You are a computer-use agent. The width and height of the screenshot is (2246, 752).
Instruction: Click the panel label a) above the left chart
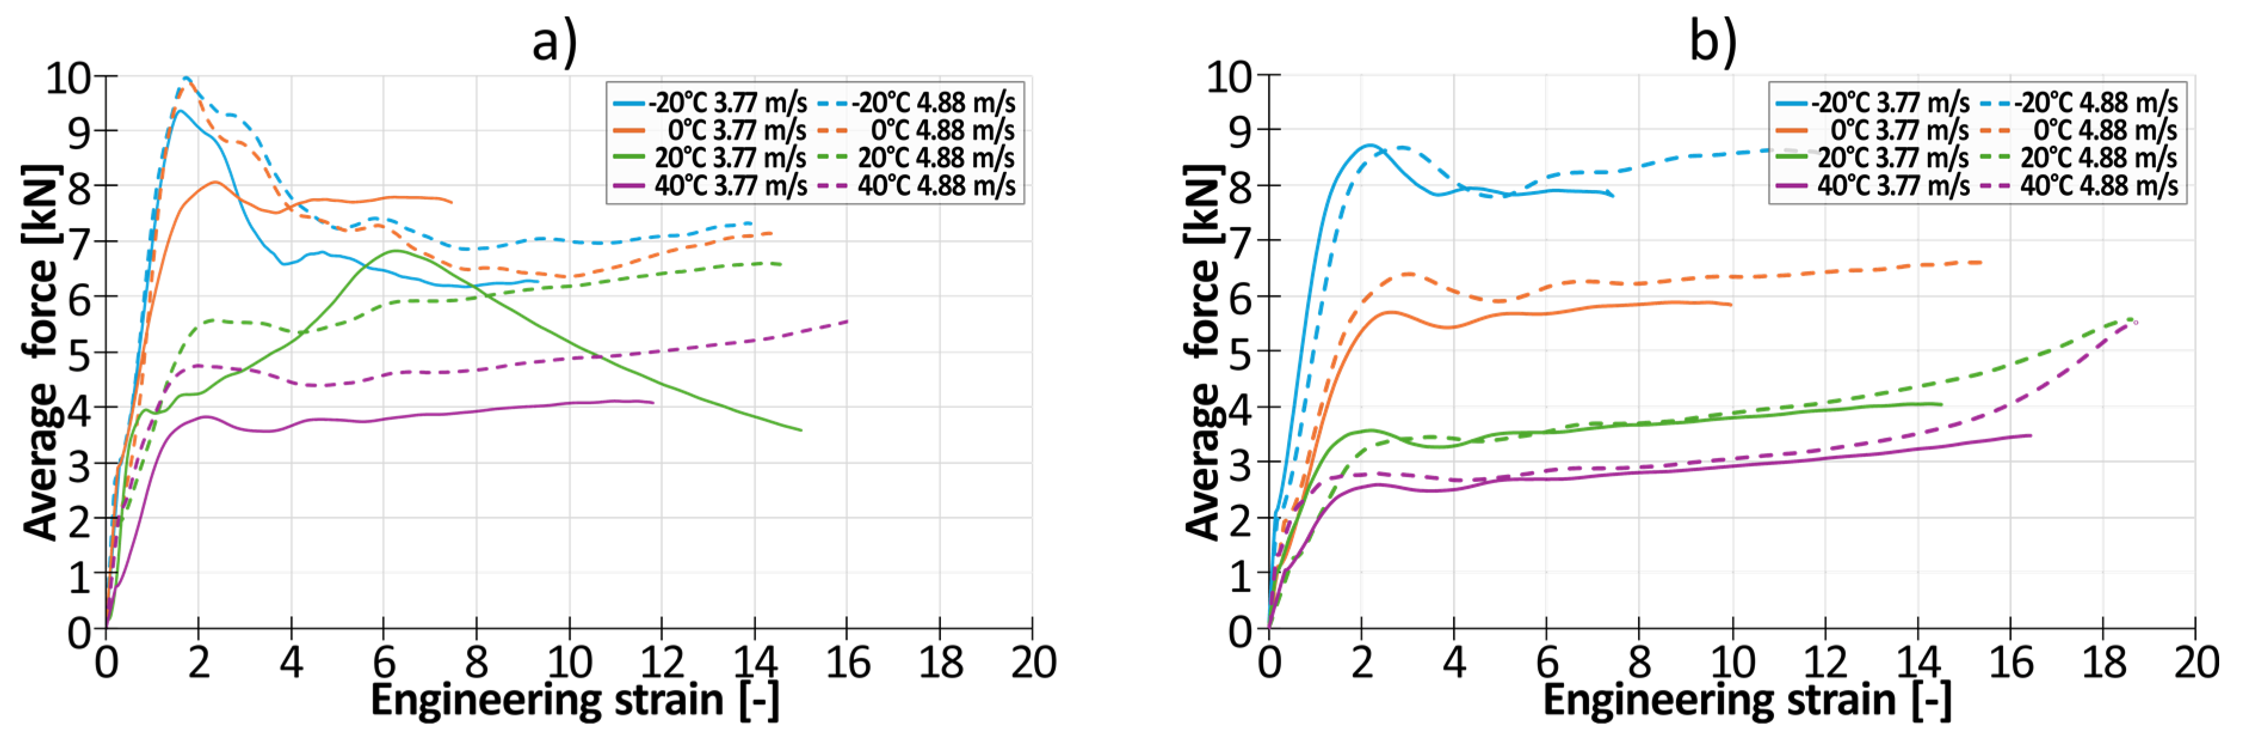click(x=554, y=42)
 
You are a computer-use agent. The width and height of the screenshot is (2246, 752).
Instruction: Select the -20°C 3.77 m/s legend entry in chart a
click(x=711, y=103)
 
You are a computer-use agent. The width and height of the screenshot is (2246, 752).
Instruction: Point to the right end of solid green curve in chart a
click(x=800, y=430)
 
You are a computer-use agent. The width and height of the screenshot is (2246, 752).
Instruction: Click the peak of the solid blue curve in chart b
click(x=1370, y=145)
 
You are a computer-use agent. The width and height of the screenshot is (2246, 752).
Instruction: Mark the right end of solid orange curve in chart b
click(x=1730, y=305)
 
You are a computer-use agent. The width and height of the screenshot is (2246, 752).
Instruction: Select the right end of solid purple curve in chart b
click(x=2031, y=435)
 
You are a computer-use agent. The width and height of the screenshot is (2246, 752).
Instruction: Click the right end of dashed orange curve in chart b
click(x=1981, y=262)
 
